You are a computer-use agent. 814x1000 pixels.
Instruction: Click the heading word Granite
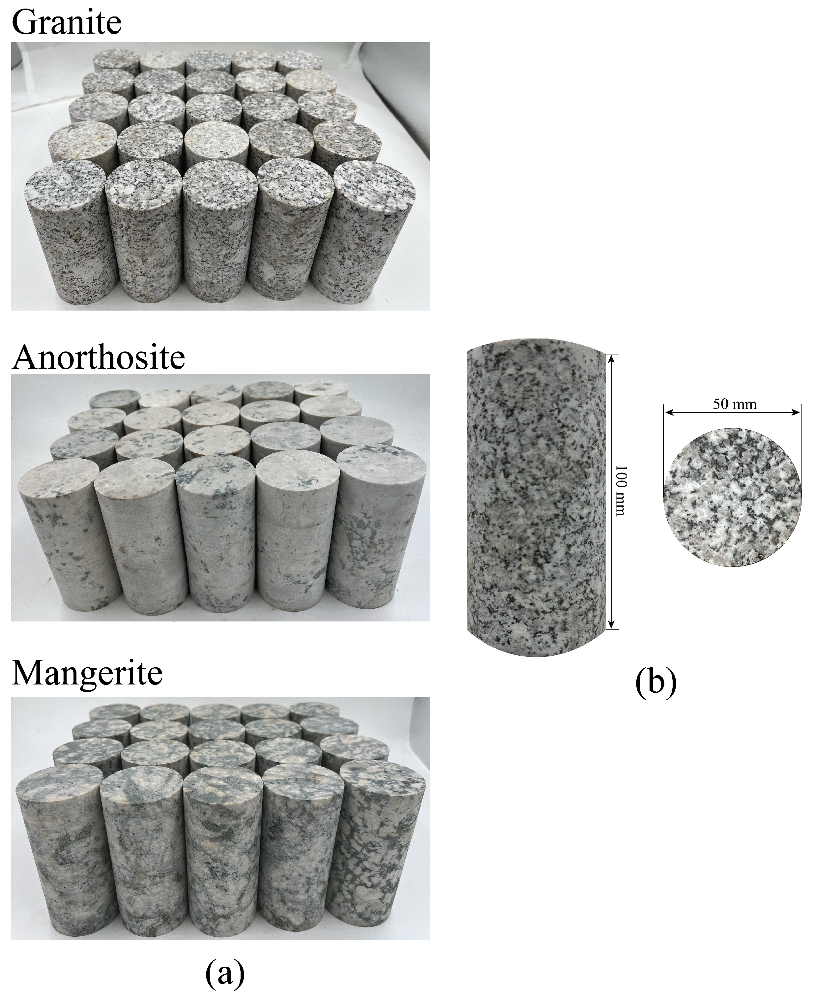pos(66,22)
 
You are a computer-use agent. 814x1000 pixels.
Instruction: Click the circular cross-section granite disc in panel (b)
pos(732,496)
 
